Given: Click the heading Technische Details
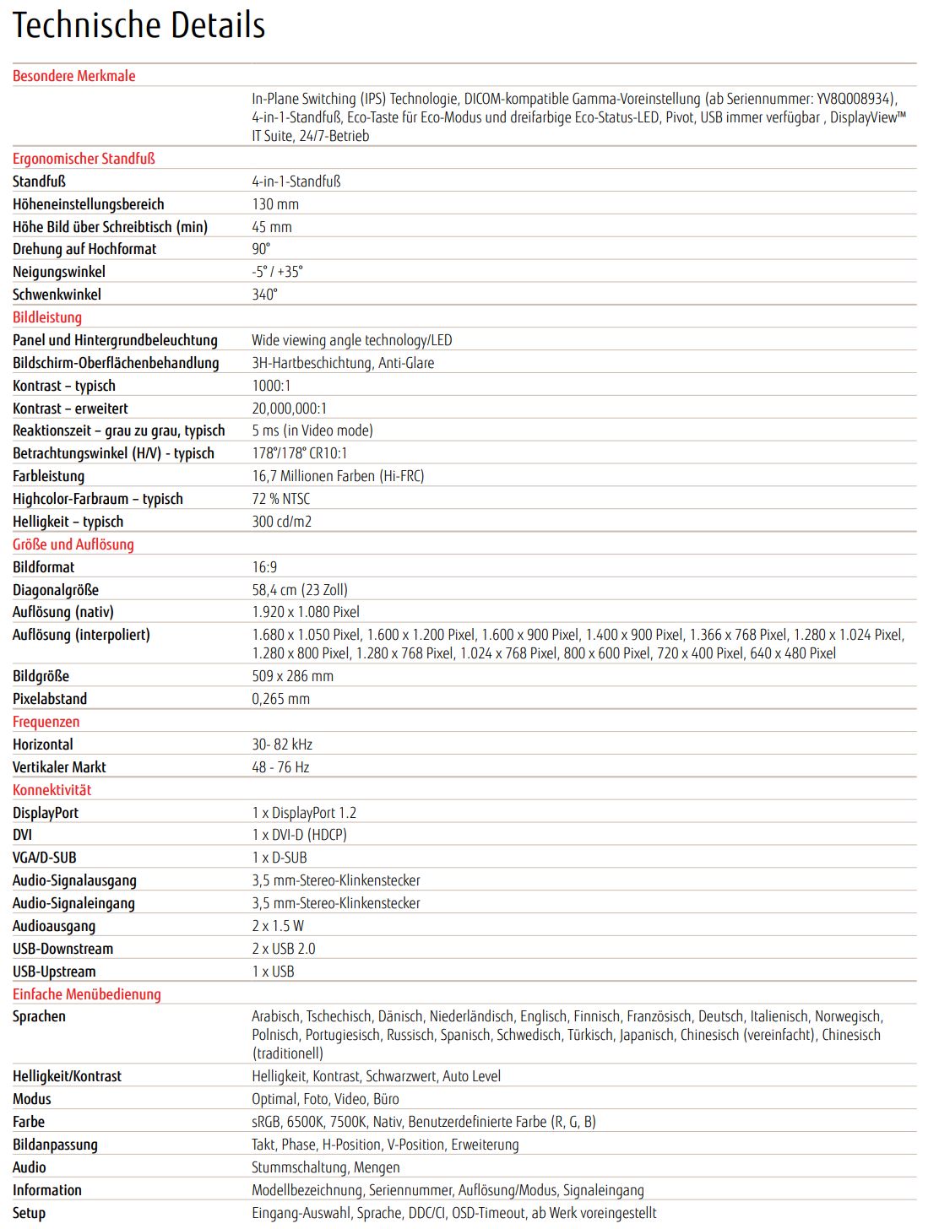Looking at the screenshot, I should coord(138,25).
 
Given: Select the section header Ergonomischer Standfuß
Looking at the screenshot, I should coord(84,159).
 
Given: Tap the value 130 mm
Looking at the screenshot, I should coord(275,204).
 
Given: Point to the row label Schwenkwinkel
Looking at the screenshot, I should coord(57,295).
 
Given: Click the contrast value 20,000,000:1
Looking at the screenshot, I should coord(290,409).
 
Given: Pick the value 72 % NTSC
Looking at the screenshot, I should coord(280,499).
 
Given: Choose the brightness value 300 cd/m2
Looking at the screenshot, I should coord(282,522).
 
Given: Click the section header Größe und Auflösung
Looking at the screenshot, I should coord(73,544).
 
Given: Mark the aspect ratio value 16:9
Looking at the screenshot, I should coord(264,567).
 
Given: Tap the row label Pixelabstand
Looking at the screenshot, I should coord(50,699).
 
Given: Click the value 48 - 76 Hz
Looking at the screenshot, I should coord(280,767).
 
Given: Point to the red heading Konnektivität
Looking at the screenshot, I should coord(52,790).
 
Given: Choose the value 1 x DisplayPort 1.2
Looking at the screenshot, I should coord(304,813).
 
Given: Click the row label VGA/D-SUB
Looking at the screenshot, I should coord(45,858).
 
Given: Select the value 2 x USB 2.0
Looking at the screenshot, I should coord(284,949).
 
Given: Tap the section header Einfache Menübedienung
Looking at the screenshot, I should coord(86,994).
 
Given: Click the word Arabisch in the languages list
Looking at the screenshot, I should coord(275,1016).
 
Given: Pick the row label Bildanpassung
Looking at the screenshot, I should coord(55,1145).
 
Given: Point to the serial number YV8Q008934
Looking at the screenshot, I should coord(854,99).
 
